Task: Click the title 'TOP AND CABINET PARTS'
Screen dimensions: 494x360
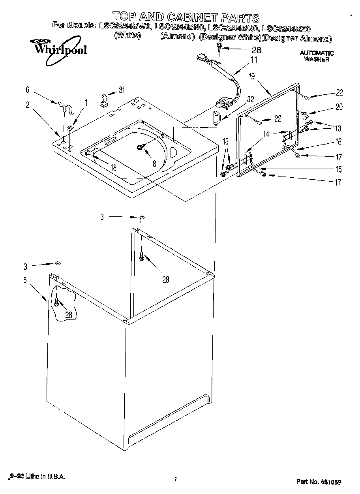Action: point(186,17)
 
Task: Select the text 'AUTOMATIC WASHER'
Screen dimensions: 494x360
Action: point(317,56)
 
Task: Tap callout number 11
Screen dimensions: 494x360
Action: point(253,60)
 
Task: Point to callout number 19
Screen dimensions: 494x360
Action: point(252,77)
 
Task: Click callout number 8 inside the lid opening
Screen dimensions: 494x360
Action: point(154,162)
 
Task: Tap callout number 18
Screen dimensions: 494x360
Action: point(114,167)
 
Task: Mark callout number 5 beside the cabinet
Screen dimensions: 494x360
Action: point(25,280)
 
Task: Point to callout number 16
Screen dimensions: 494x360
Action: point(339,142)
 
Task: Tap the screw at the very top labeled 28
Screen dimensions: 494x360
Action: point(218,48)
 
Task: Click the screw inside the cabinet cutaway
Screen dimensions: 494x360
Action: point(57,302)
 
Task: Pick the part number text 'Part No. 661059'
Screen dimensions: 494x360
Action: point(319,482)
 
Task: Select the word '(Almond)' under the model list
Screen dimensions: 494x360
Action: point(177,37)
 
